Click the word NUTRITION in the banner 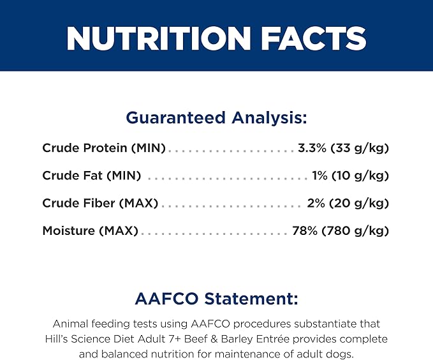[x=159, y=38]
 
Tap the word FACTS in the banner [x=314, y=38]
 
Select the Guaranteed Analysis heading [x=217, y=118]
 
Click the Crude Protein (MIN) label [x=104, y=148]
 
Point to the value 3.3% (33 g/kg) [x=343, y=148]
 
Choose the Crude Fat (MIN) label [x=92, y=176]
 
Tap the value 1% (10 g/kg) [x=351, y=176]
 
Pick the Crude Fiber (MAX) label [x=100, y=203]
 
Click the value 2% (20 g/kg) [x=348, y=203]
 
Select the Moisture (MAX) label [x=91, y=230]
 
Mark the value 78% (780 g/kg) [x=341, y=230]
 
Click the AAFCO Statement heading [x=217, y=299]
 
